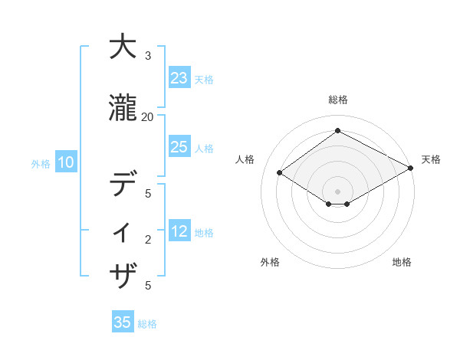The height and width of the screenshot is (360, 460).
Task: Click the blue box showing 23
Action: point(179,78)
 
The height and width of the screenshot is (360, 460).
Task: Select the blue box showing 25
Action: point(179,147)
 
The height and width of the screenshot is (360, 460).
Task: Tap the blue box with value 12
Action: point(179,232)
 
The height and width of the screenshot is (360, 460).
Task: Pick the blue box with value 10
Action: point(65,162)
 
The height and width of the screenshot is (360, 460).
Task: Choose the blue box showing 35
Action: point(123,322)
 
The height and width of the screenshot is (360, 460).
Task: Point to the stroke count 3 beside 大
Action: point(147,56)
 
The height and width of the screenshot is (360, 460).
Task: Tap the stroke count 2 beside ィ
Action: point(147,240)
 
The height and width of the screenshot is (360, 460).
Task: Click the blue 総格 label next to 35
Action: point(147,324)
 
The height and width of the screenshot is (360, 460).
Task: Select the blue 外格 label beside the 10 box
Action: point(41,163)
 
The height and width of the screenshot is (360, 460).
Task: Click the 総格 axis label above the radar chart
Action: point(338,100)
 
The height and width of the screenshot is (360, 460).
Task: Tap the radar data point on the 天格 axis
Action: point(410,169)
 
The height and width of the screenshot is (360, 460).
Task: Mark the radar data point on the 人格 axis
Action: point(280,173)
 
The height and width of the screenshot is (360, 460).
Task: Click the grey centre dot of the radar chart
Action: point(337,191)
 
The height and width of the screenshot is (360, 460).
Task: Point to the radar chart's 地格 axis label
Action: point(402,263)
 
